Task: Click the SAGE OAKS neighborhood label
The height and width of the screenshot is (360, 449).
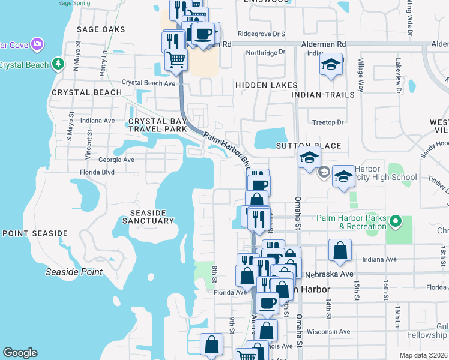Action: click(x=101, y=29)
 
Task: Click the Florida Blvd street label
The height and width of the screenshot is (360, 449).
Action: click(x=97, y=172)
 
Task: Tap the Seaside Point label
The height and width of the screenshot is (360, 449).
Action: click(x=74, y=272)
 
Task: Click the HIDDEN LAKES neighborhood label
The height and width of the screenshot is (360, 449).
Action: click(x=266, y=86)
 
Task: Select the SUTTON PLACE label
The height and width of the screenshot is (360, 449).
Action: click(x=308, y=146)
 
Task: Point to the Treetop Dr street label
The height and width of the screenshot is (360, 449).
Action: click(x=328, y=122)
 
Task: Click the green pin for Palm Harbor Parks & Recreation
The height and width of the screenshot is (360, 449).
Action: click(x=395, y=223)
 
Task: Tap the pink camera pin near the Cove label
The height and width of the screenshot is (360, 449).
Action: click(x=37, y=44)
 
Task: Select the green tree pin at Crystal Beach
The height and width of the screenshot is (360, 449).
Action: click(x=58, y=63)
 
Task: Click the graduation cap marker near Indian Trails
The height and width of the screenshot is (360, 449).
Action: click(x=330, y=65)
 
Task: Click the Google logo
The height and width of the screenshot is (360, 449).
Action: click(x=20, y=353)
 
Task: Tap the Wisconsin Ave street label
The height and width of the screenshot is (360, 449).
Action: click(x=328, y=331)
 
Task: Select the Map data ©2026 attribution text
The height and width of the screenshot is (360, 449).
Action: click(x=423, y=355)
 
